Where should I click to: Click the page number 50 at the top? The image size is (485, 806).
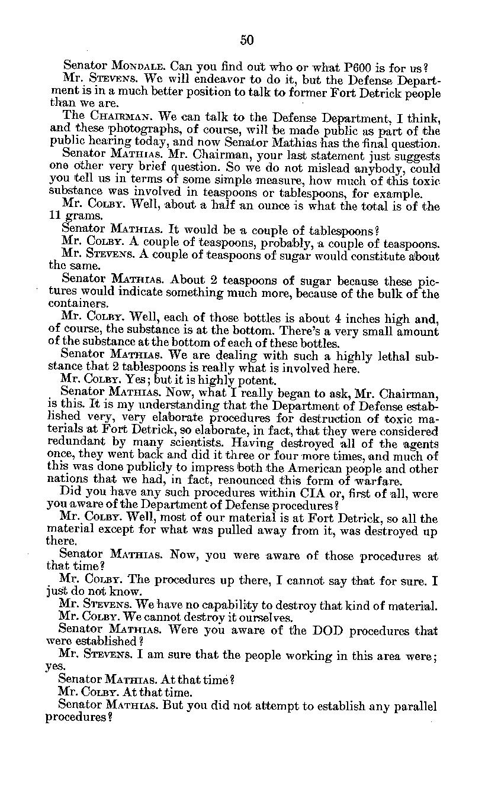point(247,40)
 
